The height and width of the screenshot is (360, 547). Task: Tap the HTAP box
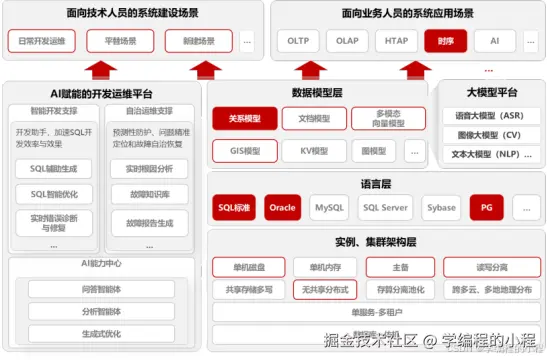[x=397, y=42]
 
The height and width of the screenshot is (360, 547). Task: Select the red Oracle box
[x=281, y=208]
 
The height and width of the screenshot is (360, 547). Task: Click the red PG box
[x=486, y=208]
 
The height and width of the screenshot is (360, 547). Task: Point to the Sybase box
[x=441, y=208]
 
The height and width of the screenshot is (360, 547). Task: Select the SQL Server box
[x=384, y=208]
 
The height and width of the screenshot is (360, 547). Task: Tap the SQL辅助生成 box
[x=53, y=166]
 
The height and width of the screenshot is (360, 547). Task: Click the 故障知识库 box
[x=148, y=194]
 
